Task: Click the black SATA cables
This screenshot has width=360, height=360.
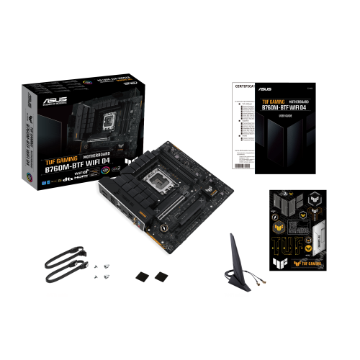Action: (x=59, y=266)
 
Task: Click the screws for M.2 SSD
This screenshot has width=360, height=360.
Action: (x=101, y=271)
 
